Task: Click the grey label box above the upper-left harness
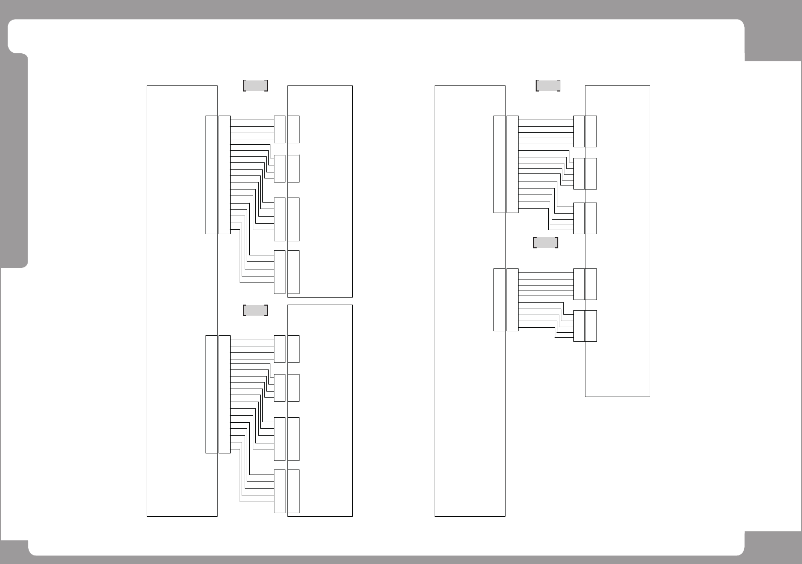pyautogui.click(x=255, y=85)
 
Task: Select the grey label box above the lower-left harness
pyautogui.click(x=255, y=310)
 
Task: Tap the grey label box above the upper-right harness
pyautogui.click(x=548, y=85)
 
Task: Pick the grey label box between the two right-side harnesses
pyautogui.click(x=545, y=242)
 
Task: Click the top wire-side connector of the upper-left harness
pyautogui.click(x=279, y=129)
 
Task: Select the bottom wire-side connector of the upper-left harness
pyautogui.click(x=279, y=272)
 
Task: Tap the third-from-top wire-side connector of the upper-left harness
pyautogui.click(x=279, y=219)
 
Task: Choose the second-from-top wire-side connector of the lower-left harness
pyautogui.click(x=279, y=388)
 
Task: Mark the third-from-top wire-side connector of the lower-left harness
pyautogui.click(x=279, y=439)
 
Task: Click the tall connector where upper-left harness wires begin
pyautogui.click(x=225, y=175)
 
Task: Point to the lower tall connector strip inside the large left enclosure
pyautogui.click(x=212, y=394)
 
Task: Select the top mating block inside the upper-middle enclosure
pyautogui.click(x=294, y=129)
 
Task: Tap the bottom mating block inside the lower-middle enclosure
pyautogui.click(x=294, y=491)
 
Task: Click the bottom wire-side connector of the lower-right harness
pyautogui.click(x=579, y=326)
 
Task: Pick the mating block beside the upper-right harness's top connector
pyautogui.click(x=591, y=131)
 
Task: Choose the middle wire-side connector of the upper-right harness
pyautogui.click(x=579, y=173)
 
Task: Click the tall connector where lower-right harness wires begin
pyautogui.click(x=513, y=300)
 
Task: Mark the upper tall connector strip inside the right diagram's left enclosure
pyautogui.click(x=499, y=164)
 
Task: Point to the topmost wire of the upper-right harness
pyautogui.click(x=545, y=120)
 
